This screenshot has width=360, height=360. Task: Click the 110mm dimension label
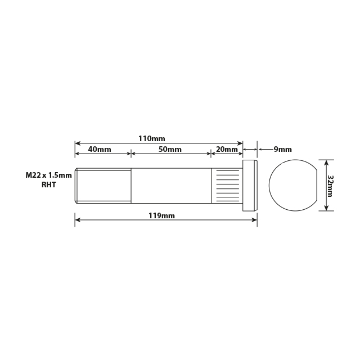point(152,138)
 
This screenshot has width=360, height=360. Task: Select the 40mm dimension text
point(100,149)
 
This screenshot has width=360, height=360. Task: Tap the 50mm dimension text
point(170,149)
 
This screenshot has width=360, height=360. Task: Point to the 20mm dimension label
point(226,149)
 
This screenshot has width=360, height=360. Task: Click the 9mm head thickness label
point(282,149)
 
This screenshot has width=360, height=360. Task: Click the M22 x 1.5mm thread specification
point(49,175)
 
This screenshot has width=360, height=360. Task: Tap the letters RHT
point(49,184)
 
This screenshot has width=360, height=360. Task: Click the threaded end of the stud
point(103,186)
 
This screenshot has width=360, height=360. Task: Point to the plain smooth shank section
point(171,186)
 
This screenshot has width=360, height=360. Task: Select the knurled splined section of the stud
point(227,186)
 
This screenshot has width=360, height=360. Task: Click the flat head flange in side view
point(250,186)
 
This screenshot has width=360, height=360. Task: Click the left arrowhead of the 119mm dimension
point(78,220)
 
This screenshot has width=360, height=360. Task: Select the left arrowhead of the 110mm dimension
point(78,143)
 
